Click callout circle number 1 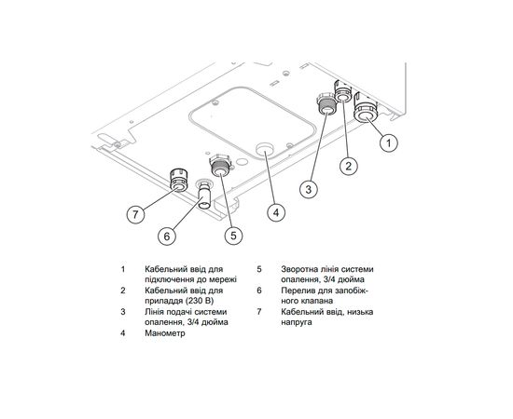click(390, 143)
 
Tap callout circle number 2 click(348, 167)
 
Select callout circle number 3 click(309, 188)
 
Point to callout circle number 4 click(273, 212)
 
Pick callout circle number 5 click(232, 236)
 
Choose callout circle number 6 click(167, 237)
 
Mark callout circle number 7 click(136, 213)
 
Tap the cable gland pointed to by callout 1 click(366, 113)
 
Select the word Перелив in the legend click(298, 289)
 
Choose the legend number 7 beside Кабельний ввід click(258, 313)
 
